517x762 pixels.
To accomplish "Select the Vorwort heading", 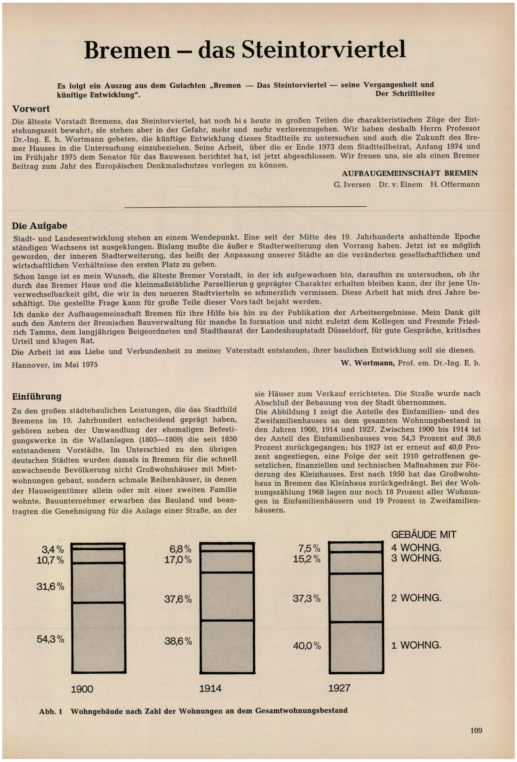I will coord(31,109).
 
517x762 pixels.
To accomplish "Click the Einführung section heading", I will coord(37,396).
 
